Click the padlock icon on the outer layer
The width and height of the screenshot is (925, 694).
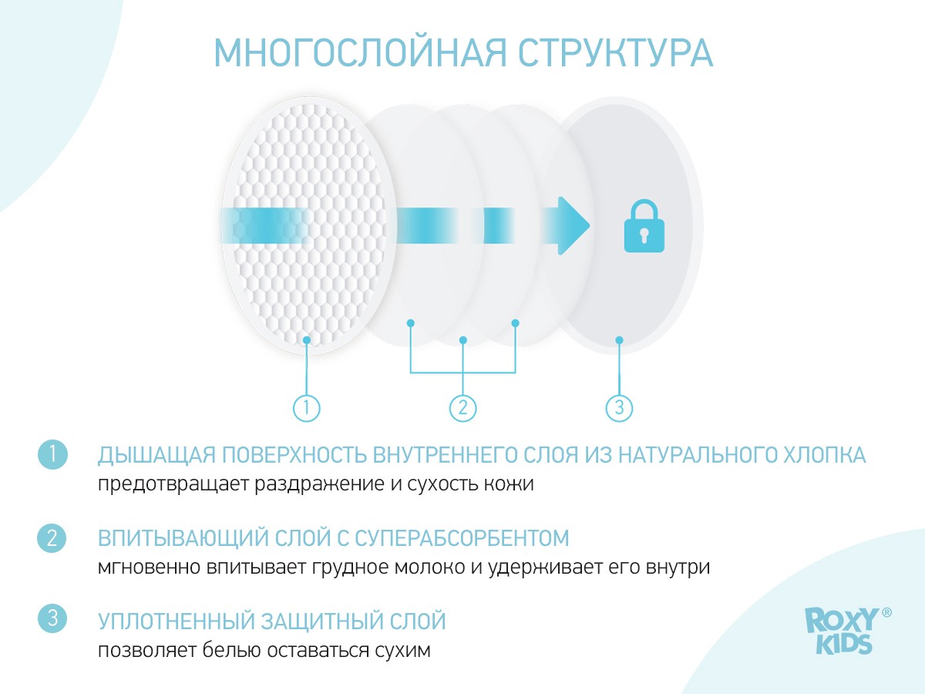(644, 226)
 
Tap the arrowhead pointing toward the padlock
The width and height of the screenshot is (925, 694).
(573, 226)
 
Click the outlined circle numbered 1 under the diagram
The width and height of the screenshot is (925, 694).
(306, 408)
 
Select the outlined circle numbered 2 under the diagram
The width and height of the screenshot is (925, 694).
(462, 408)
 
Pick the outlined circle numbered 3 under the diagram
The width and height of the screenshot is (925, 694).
(619, 408)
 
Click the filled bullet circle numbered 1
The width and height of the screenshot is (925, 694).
(52, 455)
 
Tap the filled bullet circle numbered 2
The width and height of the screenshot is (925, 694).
(52, 538)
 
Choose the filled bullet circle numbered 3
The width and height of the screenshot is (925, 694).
(52, 618)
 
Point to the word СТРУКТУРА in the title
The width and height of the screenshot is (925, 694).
(616, 52)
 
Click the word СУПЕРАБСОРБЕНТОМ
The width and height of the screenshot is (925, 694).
(462, 538)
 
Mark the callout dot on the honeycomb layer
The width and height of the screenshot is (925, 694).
(306, 340)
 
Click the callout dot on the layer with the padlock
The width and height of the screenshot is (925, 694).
(619, 340)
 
